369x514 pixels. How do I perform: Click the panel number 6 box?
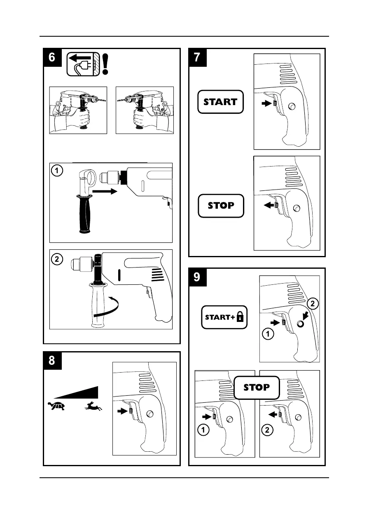(x=52, y=57)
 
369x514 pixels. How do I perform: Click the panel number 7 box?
(x=198, y=57)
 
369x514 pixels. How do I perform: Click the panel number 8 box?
(x=52, y=360)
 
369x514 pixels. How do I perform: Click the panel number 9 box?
(x=198, y=277)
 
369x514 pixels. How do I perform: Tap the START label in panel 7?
(x=221, y=102)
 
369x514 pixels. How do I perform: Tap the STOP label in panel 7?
(x=221, y=205)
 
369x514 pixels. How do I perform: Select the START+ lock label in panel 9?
(x=224, y=317)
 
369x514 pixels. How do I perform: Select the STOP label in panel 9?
(x=257, y=387)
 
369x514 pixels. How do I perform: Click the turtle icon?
(x=57, y=406)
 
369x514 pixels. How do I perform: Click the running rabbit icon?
(x=93, y=407)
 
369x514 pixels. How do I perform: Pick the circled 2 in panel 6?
(x=58, y=259)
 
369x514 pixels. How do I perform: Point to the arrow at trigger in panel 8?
(x=122, y=411)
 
